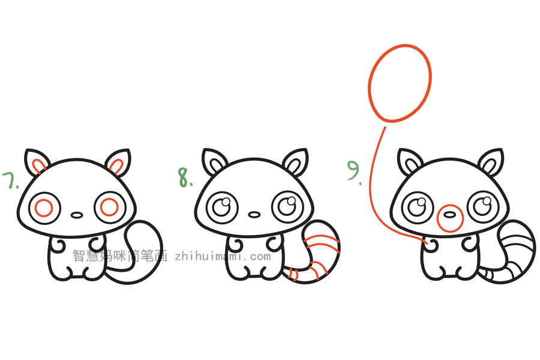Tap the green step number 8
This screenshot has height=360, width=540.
184,178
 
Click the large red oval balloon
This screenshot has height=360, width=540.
400,82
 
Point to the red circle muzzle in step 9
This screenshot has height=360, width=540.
449,218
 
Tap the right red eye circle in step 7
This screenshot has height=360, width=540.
110,207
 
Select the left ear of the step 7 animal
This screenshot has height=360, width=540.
37,162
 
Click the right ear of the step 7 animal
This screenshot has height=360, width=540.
118,163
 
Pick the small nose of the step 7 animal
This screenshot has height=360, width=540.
77,214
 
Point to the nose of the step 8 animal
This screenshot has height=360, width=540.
254,214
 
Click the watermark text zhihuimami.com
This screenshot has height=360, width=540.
223,256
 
